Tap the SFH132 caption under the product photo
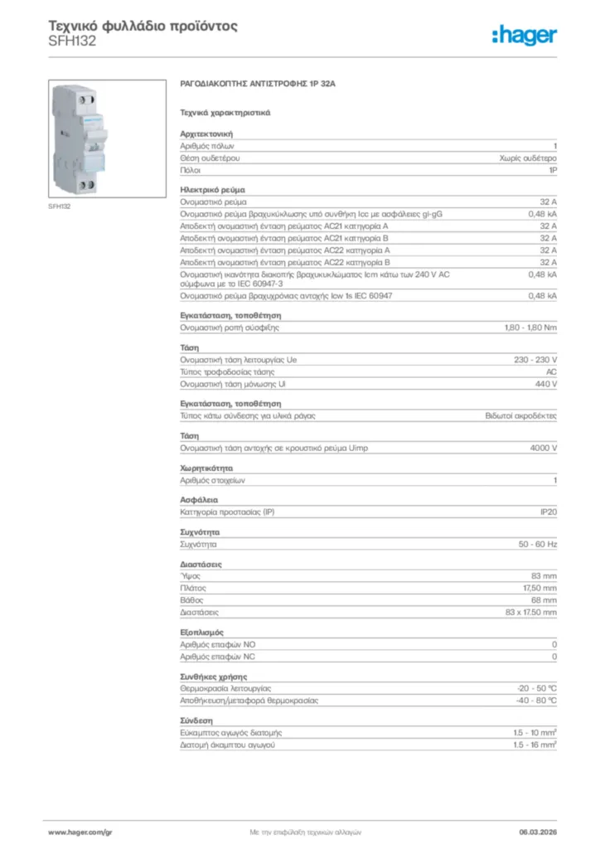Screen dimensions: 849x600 pos(59,206)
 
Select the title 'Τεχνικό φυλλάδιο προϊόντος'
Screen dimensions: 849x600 pos(143,26)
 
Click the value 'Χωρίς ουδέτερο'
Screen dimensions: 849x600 pos(528,157)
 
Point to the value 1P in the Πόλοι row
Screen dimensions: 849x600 pos(552,169)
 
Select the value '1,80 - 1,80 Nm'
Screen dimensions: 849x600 pos(530,327)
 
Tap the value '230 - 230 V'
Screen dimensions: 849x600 pos(536,360)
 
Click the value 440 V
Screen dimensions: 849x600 pos(544,385)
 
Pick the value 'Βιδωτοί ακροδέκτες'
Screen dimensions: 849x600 pos(521,416)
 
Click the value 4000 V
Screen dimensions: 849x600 pos(543,448)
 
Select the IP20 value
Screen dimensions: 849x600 pos(548,512)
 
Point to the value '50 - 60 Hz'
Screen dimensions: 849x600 pos(538,544)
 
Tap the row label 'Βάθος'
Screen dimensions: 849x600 pos(192,599)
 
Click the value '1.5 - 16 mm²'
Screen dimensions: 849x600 pos(535,745)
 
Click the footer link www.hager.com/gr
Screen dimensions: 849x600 pos(80,832)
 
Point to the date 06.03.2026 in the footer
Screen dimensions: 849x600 pos(538,832)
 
